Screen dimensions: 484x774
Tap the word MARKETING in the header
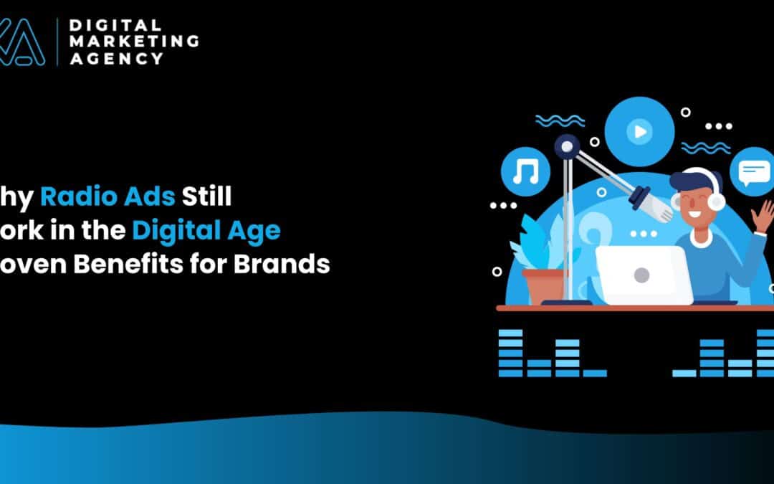click(133, 42)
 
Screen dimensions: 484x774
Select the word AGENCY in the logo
click(116, 59)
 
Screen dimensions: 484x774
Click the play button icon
click(639, 131)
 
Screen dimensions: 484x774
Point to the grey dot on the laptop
click(641, 274)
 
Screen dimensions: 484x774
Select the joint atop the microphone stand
click(568, 147)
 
